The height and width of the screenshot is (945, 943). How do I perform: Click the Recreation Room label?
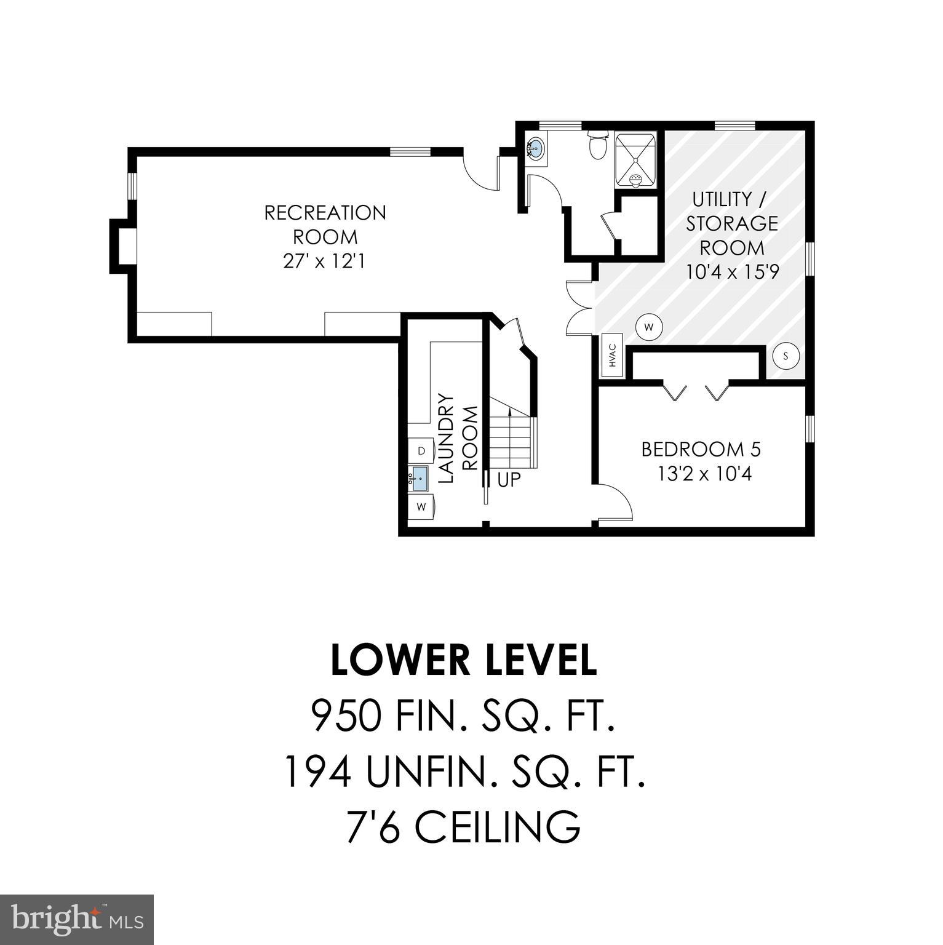325,225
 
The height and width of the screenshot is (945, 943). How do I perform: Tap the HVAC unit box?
613,356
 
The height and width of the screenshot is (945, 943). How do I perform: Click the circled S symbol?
786,356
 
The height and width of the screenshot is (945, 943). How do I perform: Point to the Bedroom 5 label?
701,450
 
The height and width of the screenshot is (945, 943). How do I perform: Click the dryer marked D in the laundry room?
421,451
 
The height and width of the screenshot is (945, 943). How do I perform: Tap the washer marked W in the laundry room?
421,507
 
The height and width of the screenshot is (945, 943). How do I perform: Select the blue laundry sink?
420,477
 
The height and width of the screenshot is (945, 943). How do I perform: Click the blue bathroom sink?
536,148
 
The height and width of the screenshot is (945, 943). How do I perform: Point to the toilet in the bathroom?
597,145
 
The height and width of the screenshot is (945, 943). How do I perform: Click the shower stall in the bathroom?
636,159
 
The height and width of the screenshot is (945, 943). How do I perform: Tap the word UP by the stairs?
509,480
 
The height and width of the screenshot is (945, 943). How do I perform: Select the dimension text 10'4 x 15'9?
732,272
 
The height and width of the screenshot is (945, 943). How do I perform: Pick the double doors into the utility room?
578,308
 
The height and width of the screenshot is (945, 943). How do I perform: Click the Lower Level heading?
464,660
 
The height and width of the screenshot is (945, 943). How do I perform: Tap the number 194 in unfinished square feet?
317,772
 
